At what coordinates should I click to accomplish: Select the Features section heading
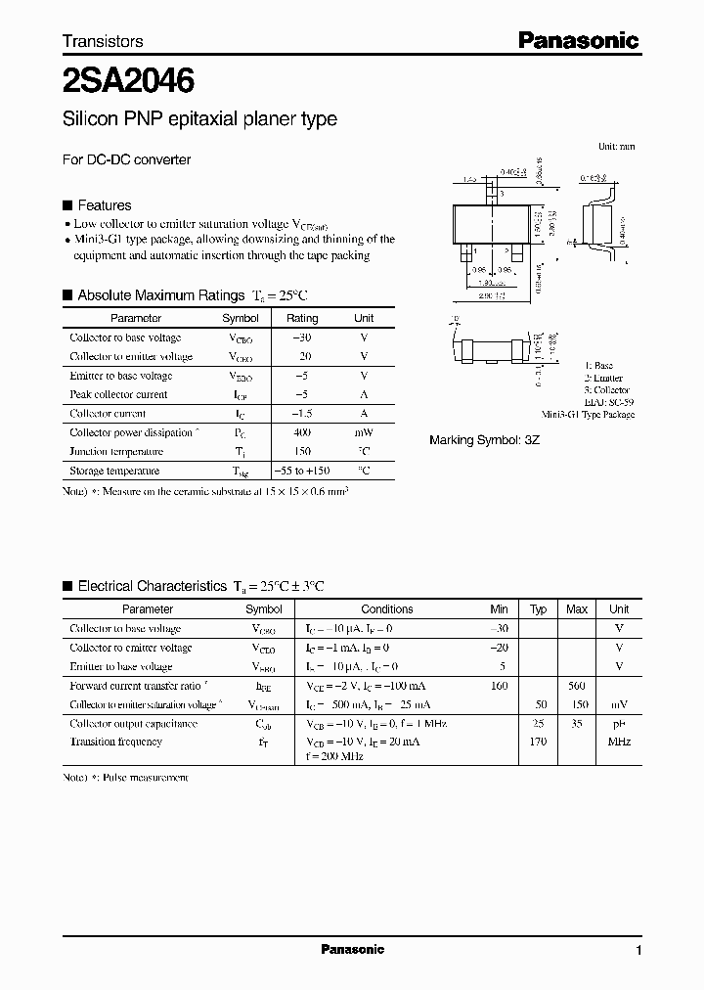[104, 205]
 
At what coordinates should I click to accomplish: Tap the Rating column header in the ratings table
[302, 318]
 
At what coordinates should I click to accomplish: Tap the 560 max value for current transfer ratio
[577, 686]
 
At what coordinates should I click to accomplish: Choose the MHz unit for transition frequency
[619, 742]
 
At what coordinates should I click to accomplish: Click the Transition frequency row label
[115, 742]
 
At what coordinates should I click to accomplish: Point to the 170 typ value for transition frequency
[538, 742]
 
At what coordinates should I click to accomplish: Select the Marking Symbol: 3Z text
[484, 440]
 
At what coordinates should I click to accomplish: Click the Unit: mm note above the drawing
[616, 146]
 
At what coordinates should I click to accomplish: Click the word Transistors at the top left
[103, 41]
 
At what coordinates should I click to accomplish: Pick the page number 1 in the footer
[638, 951]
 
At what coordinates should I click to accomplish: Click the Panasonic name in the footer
[352, 949]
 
